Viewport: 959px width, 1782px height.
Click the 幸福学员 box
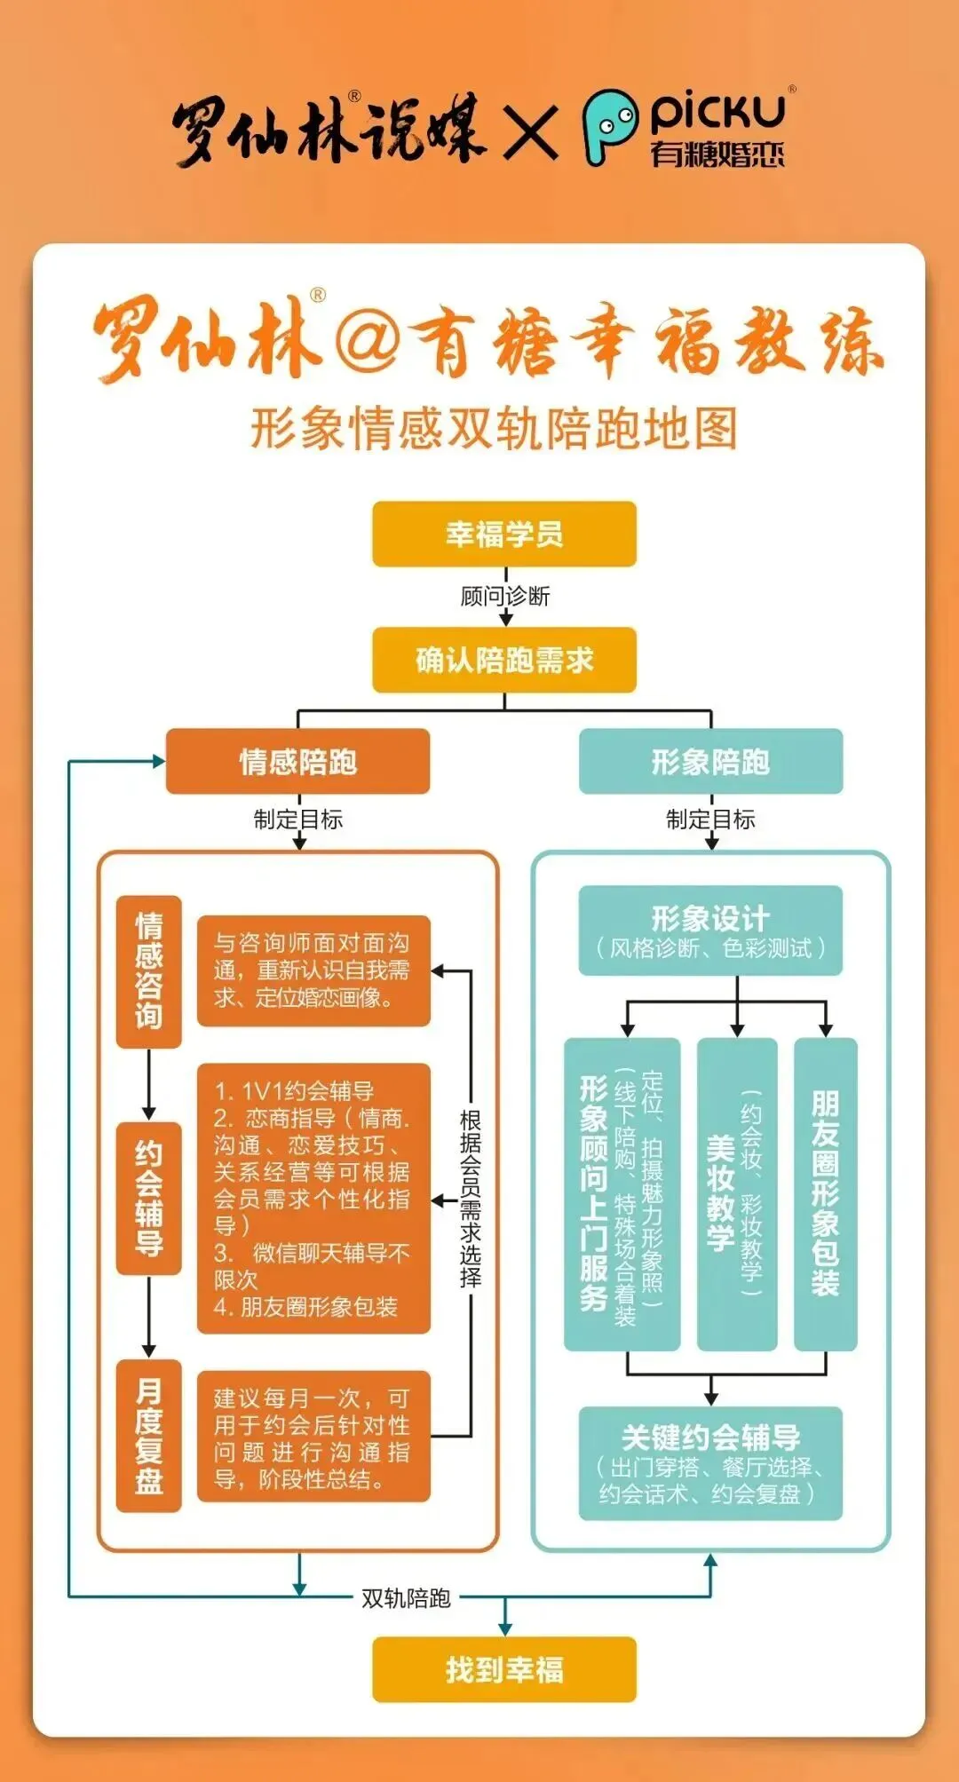pos(504,534)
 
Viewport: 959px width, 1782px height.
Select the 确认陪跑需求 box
pos(504,660)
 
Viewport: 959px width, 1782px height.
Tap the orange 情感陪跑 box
pos(297,761)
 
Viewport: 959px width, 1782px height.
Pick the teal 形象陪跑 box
pos(710,761)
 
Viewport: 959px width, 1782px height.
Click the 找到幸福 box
pos(504,1669)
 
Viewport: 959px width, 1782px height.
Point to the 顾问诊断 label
pos(504,596)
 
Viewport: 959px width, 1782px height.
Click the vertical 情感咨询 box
pos(149,971)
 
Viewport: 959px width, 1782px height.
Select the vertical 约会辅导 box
pos(149,1199)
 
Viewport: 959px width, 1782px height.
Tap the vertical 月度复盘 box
pos(149,1436)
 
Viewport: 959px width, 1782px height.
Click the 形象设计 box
pos(710,931)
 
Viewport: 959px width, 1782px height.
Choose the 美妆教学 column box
pos(737,1194)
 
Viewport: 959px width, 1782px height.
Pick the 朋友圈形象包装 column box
pos(825,1194)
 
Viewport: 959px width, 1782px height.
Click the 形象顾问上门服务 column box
pos(622,1194)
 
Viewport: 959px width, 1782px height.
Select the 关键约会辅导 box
pos(710,1462)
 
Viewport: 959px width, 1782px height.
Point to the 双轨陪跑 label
pos(406,1598)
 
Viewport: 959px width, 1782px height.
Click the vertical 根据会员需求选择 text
pos(471,1199)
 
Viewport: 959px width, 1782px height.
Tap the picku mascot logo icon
pos(609,127)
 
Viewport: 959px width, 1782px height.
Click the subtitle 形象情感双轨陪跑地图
pos(494,429)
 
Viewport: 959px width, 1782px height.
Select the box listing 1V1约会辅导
pos(313,1199)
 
